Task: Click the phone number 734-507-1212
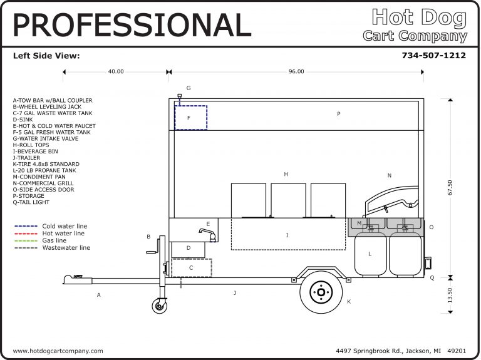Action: (x=433, y=56)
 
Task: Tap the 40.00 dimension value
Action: (x=116, y=72)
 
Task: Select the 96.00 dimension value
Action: (x=296, y=72)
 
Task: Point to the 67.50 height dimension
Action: (x=449, y=187)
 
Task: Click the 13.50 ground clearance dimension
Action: (x=449, y=295)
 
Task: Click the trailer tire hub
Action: (x=321, y=292)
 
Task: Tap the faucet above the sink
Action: (x=206, y=234)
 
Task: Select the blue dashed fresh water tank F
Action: (x=190, y=118)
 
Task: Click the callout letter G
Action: (x=188, y=88)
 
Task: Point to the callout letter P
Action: (x=338, y=114)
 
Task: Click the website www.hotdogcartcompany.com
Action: (x=58, y=351)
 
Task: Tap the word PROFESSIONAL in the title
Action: (x=132, y=25)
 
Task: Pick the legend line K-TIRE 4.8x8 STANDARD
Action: (x=46, y=164)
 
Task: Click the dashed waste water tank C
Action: (x=191, y=268)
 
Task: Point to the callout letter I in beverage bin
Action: (x=287, y=235)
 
